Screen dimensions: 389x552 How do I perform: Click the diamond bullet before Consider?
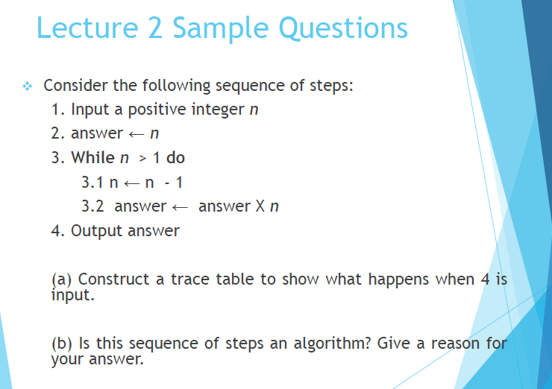click(27, 85)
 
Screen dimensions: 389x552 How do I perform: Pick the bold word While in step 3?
click(93, 158)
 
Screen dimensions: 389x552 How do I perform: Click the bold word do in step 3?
click(175, 158)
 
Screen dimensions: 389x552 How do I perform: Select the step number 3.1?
click(91, 182)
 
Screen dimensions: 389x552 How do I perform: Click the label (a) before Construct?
click(61, 279)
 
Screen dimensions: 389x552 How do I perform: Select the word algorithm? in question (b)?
click(336, 344)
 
